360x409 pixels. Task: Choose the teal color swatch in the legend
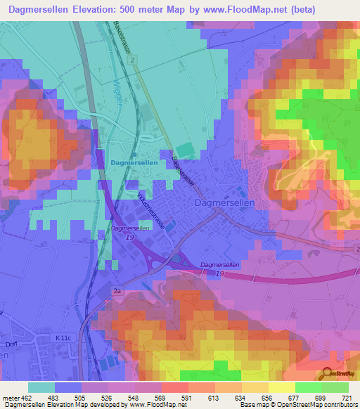click(41, 387)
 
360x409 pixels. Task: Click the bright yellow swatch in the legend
click(282, 387)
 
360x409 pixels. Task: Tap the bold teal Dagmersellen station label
click(134, 162)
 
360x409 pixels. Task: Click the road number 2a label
click(117, 290)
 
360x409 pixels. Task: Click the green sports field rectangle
click(184, 150)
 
